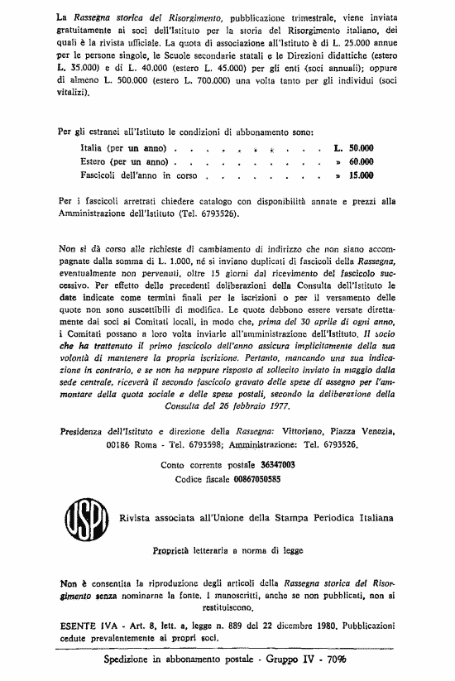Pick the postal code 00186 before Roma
(119, 444)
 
